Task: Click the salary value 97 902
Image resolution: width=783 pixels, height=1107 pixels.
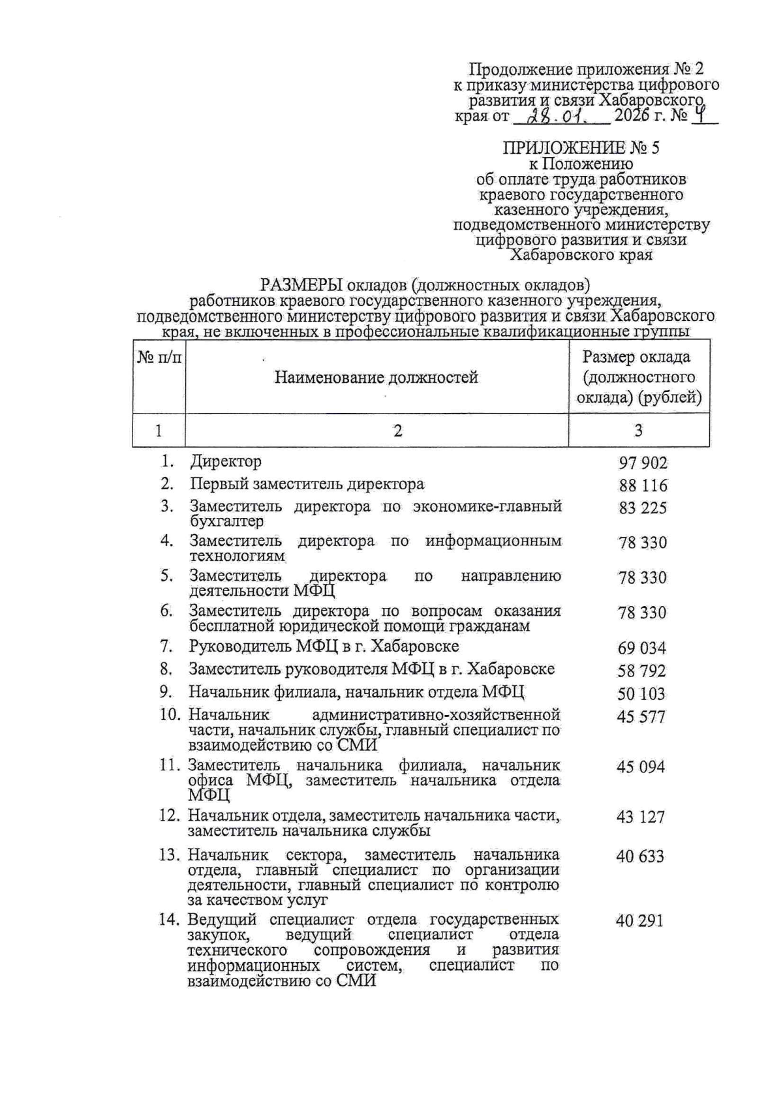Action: (643, 463)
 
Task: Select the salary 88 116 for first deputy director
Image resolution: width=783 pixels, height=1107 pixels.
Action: (643, 486)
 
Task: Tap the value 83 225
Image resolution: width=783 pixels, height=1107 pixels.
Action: (643, 508)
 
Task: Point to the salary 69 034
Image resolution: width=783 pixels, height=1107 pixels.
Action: (642, 648)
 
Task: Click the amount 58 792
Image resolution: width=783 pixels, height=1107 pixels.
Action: (642, 671)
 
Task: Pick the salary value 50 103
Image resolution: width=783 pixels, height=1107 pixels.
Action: (642, 694)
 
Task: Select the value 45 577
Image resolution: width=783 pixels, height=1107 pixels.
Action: (641, 717)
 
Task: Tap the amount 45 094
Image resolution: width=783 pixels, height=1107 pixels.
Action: (641, 767)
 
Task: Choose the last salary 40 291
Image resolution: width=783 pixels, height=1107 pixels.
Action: (640, 921)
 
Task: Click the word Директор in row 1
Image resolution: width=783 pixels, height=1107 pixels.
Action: (226, 462)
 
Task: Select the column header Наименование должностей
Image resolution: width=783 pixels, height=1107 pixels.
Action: (376, 378)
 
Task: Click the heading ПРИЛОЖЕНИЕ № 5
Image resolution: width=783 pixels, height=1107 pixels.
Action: (581, 148)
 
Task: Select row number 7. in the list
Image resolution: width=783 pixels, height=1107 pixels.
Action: (167, 647)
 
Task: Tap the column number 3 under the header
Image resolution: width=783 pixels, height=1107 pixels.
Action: (639, 431)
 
